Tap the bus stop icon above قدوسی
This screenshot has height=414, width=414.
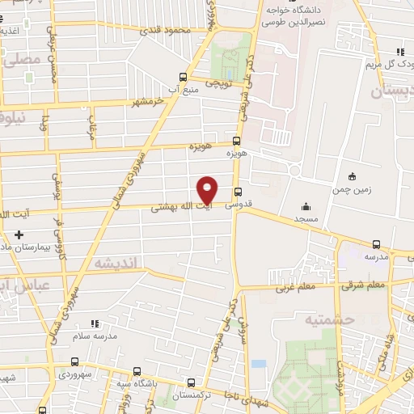pos(238,192)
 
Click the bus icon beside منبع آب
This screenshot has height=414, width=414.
pos(184,78)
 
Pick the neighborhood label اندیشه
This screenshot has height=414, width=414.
pos(117,263)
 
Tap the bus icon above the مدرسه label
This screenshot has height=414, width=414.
pos(376,244)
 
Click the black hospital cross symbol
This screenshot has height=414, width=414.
pos(19,234)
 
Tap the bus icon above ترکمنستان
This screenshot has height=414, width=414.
pos(191,383)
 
